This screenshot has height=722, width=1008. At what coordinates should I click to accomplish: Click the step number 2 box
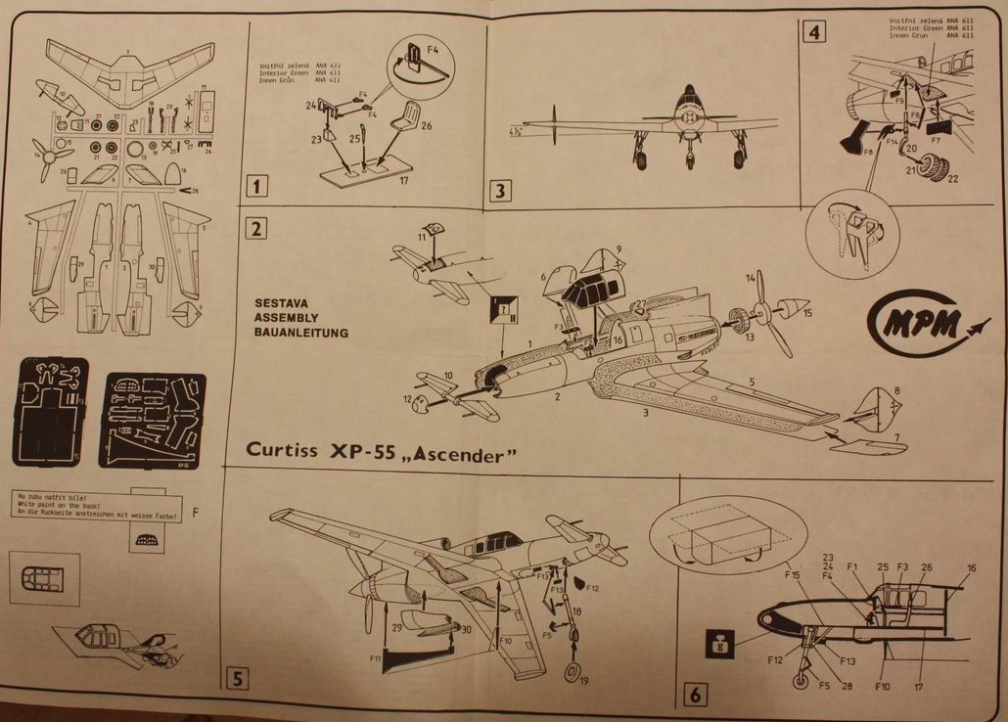[256, 229]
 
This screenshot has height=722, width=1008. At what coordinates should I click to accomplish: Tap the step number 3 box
[499, 190]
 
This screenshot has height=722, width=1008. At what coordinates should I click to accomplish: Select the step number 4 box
[812, 32]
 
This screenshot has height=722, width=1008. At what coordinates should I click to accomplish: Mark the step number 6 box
[694, 694]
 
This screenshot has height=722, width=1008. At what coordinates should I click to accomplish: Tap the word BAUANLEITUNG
[300, 333]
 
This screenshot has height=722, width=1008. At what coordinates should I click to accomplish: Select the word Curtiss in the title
[285, 450]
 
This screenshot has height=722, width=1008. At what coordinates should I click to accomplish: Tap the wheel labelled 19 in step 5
[572, 674]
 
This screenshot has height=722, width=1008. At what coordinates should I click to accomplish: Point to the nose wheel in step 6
[802, 682]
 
